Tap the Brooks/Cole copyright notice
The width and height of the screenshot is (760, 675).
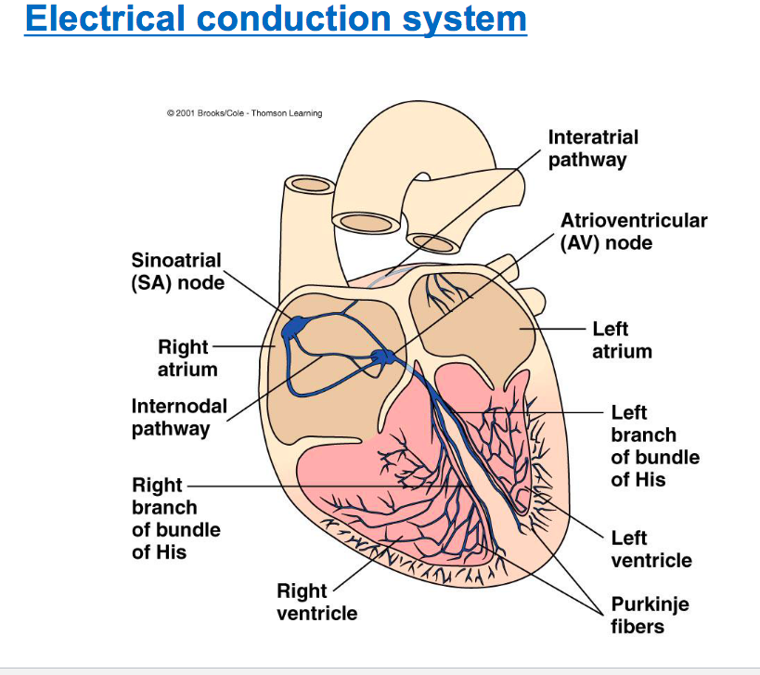(x=244, y=113)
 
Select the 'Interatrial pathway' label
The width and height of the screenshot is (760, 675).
(x=593, y=149)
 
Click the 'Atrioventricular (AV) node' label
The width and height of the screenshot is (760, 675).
(x=633, y=231)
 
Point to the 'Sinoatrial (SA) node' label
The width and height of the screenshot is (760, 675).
(x=177, y=270)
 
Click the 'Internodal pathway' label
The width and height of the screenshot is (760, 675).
(x=178, y=417)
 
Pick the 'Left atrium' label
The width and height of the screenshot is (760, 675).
(x=622, y=340)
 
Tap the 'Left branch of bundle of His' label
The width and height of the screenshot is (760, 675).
(x=654, y=446)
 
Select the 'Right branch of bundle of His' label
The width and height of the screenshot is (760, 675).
(x=175, y=518)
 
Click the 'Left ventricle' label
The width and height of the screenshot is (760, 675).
(x=651, y=549)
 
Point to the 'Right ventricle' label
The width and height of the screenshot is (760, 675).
(x=316, y=602)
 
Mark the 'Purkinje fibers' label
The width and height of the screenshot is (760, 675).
(x=650, y=615)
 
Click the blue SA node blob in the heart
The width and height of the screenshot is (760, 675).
(x=297, y=326)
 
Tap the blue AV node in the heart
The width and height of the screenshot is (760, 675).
(x=380, y=357)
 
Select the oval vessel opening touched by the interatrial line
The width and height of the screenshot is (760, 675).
(x=433, y=241)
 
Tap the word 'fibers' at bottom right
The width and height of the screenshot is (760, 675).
(x=638, y=626)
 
